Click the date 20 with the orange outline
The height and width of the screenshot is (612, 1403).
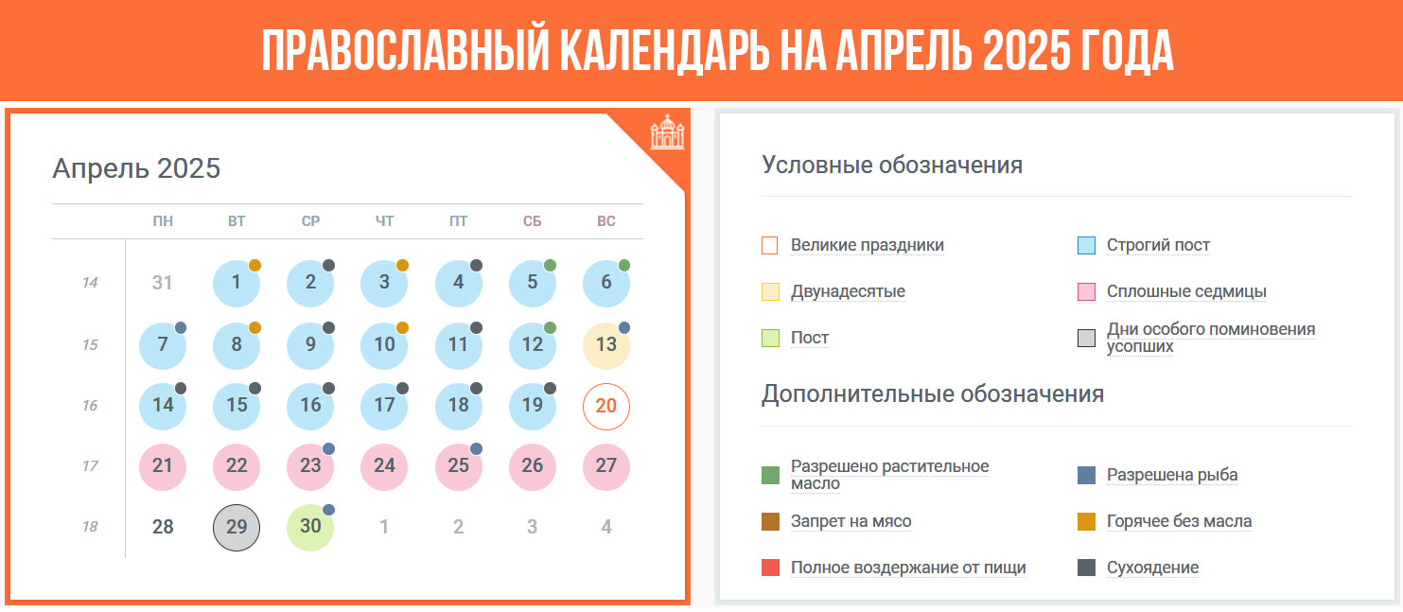pos(605,406)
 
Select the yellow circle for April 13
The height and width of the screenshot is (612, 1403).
pos(605,345)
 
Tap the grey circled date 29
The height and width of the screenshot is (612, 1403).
pos(237,528)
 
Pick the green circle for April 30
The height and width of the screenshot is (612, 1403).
pos(310,528)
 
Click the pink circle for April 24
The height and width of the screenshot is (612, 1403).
pos(384,466)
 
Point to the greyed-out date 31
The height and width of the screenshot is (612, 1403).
pos(162,283)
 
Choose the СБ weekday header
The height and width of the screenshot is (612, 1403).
pos(532,221)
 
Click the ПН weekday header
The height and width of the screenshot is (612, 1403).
pos(163,221)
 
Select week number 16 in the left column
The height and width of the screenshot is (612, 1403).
pos(90,405)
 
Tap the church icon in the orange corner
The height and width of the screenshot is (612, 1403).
pos(667,132)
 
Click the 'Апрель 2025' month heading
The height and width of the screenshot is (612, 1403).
pos(136,167)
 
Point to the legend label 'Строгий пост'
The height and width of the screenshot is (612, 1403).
pos(1158,245)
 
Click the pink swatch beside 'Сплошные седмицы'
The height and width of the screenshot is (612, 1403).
pos(1086,292)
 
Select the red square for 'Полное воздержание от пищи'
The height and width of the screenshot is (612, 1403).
pos(770,568)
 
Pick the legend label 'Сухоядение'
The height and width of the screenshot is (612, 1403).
pos(1152,568)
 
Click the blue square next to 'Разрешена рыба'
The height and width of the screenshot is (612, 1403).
pos(1086,476)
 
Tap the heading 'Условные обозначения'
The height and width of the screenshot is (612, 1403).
pos(892,165)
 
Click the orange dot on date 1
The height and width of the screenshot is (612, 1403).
pos(254,265)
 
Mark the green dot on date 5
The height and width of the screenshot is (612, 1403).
pos(550,265)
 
